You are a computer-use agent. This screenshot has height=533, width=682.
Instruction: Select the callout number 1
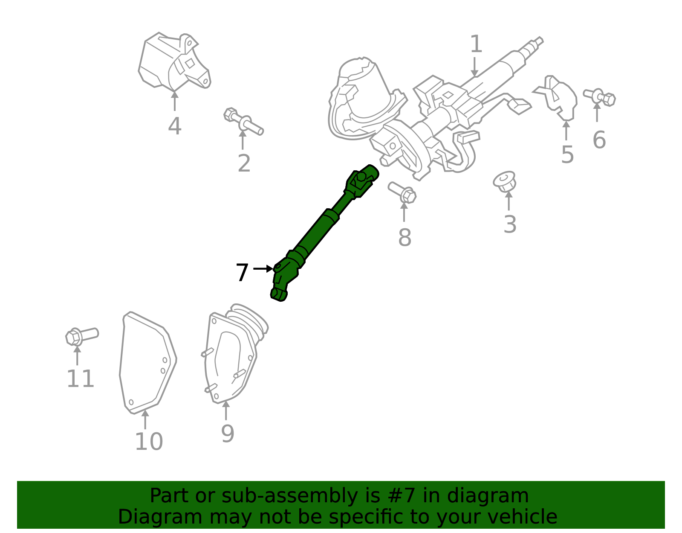476,44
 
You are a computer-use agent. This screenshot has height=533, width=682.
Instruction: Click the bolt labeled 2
243,121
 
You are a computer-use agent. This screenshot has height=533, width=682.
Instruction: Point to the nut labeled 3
505,181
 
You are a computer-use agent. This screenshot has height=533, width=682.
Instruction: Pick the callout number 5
567,154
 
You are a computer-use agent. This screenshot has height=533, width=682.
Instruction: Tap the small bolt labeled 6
600,97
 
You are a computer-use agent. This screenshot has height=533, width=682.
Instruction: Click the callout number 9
228,434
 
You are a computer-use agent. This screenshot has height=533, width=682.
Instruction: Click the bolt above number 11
81,336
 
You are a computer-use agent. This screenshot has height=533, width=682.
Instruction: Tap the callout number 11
80,379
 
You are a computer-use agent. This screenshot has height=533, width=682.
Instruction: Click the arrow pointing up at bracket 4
174,101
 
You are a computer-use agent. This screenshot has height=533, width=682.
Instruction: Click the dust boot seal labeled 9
232,354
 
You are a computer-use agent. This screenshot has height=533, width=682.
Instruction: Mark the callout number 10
149,442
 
